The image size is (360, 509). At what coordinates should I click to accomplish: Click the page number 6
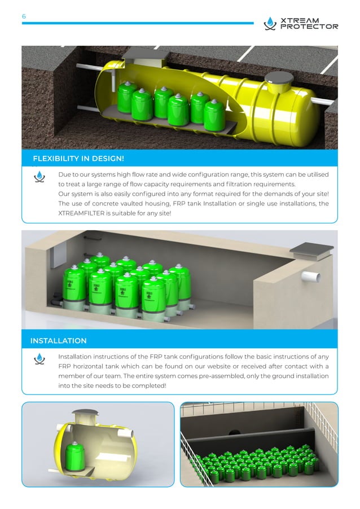point(24,16)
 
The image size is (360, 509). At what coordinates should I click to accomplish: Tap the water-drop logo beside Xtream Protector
point(270,23)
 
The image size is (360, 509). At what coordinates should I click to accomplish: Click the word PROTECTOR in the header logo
point(309,27)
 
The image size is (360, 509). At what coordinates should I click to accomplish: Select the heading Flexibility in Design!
point(78,159)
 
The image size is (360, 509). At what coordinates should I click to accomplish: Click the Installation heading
point(59,340)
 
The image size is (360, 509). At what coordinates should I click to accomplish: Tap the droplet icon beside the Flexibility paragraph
point(39,177)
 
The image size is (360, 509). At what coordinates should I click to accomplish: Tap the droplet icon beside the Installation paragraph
point(39,359)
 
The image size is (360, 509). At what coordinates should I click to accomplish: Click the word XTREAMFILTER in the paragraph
point(81,213)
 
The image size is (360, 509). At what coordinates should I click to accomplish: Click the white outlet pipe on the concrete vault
point(311,277)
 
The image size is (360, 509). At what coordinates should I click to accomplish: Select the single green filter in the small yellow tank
point(75,456)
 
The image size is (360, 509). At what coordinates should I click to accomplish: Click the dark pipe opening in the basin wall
point(234,432)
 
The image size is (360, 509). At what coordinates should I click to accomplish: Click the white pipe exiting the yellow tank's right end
point(322,101)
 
